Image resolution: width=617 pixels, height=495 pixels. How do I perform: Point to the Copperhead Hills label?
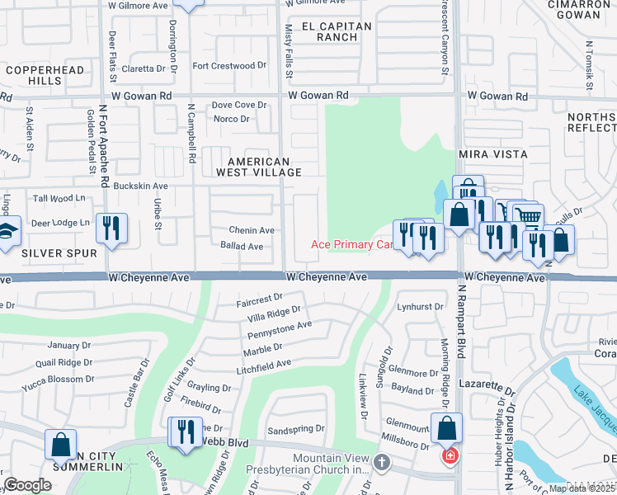click(45, 77)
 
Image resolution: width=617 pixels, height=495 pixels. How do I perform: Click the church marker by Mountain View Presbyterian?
click(382, 462)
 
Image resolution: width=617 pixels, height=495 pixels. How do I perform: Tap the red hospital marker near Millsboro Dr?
click(450, 455)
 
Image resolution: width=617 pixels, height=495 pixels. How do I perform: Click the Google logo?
click(28, 485)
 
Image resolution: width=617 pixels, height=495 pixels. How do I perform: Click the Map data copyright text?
click(582, 488)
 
